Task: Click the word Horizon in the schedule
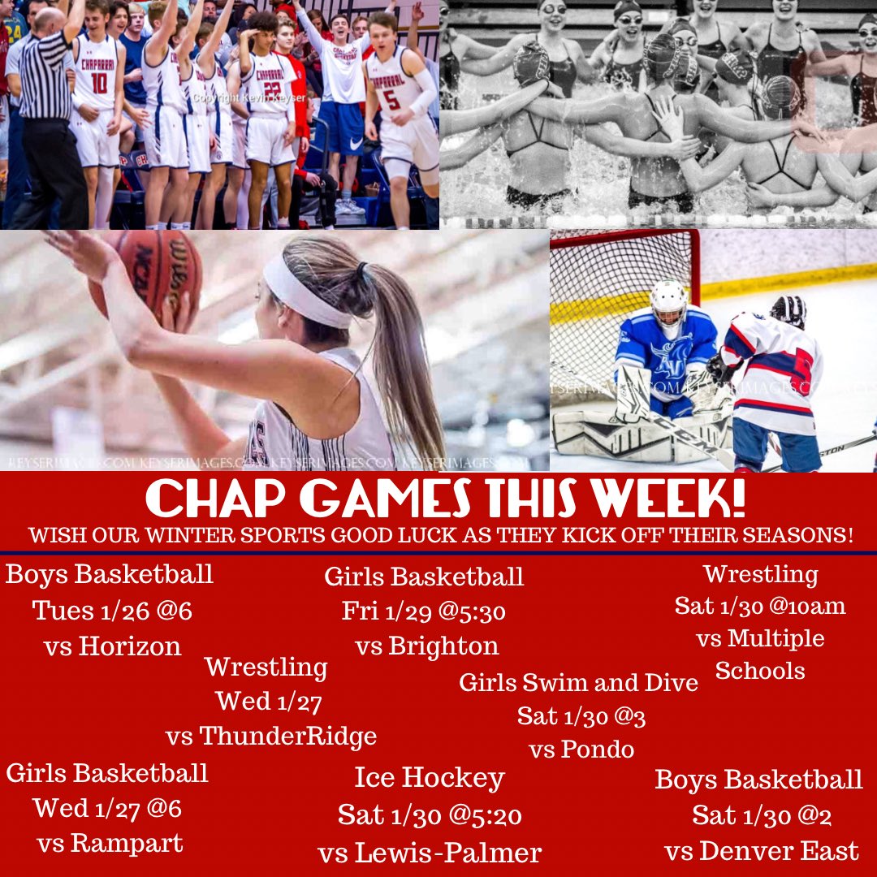point(130,646)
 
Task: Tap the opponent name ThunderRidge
point(288,737)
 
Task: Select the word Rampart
point(126,844)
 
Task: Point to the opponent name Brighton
point(443,646)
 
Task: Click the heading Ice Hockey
point(430,778)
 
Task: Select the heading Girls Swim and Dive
point(578,682)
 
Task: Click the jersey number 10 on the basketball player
point(99,82)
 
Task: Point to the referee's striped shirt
point(45,77)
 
